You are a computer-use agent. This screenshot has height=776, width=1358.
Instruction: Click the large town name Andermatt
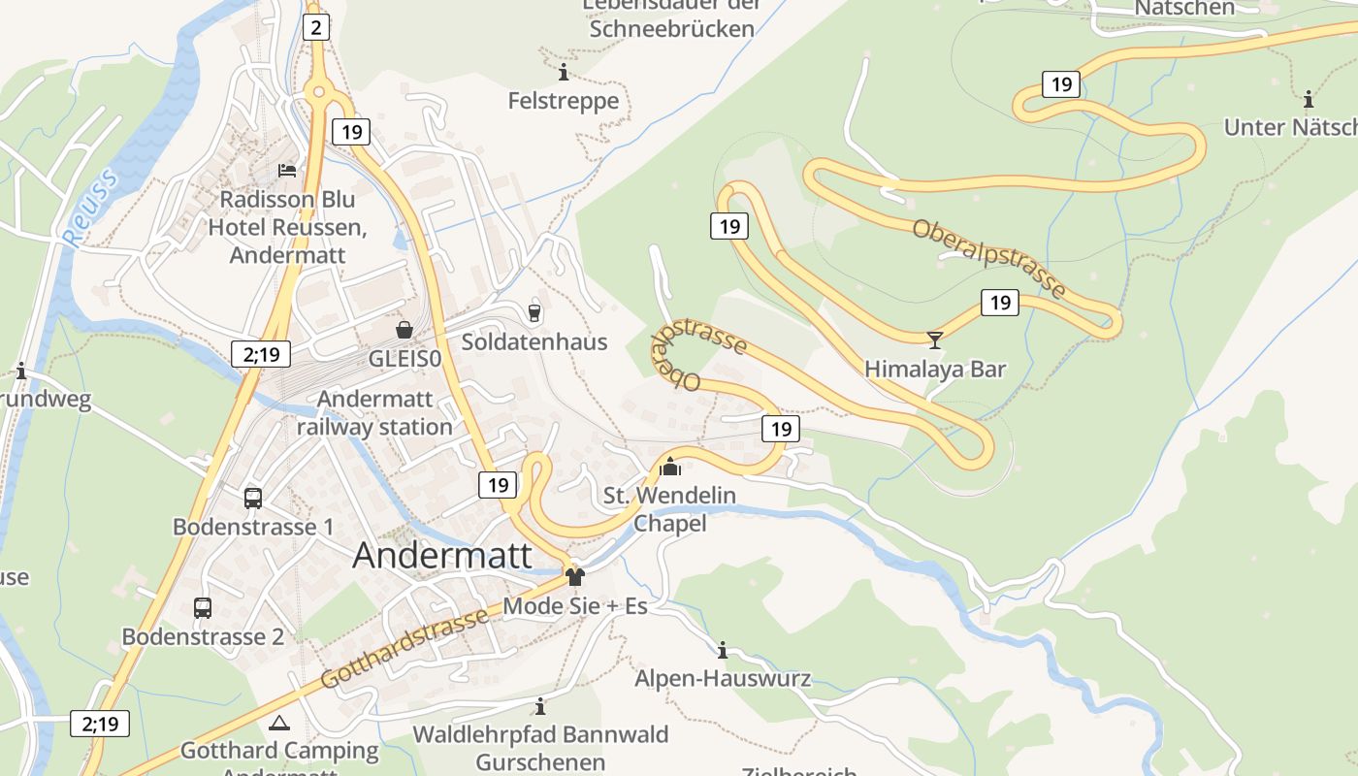(442, 556)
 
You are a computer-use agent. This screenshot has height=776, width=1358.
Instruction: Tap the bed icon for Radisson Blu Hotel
(287, 170)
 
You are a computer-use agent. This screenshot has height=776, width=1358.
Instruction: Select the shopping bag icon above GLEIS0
(404, 330)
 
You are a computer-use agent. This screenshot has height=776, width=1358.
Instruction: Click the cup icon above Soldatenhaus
(533, 311)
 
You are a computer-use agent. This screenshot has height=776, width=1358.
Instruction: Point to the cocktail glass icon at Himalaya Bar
(935, 339)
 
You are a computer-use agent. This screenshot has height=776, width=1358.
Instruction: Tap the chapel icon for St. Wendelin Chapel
(669, 467)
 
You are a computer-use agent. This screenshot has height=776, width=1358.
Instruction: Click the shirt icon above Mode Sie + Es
(575, 577)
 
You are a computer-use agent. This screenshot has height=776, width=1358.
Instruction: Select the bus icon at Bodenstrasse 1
(253, 498)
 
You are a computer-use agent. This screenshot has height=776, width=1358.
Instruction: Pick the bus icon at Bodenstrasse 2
(203, 608)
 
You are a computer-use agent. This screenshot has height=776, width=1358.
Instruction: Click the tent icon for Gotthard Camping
(279, 723)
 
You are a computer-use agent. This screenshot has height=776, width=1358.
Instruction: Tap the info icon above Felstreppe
(564, 73)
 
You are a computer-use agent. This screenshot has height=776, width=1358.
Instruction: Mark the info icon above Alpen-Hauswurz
(723, 650)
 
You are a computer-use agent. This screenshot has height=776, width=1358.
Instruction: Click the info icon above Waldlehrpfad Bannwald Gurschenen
(540, 706)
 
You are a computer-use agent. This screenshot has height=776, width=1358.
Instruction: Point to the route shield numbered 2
(315, 27)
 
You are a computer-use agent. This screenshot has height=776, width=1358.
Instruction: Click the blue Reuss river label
(90, 206)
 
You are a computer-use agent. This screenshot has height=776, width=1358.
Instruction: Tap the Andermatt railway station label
(374, 413)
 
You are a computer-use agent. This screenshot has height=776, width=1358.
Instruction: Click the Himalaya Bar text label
(935, 370)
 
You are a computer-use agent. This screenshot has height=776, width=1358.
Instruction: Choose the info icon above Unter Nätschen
(1309, 99)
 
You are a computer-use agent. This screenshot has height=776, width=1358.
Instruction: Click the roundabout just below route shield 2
(316, 93)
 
